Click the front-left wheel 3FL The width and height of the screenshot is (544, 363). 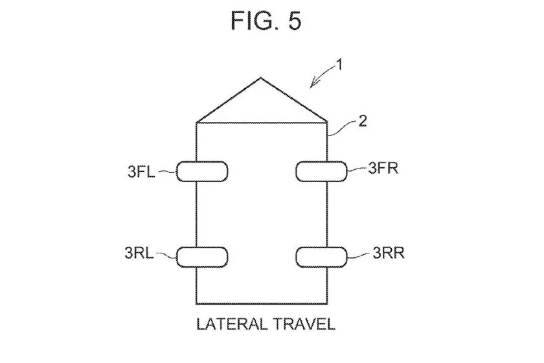pos(202,171)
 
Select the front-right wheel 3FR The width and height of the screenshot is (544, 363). pos(321,171)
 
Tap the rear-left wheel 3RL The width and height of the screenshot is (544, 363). pos(202,257)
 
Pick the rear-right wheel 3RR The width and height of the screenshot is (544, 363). pos(321,257)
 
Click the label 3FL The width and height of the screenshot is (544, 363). pos(141,172)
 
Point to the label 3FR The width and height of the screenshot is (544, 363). pos(383,168)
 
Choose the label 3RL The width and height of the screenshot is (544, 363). pos(139,253)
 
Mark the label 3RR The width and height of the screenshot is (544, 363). pos(389,253)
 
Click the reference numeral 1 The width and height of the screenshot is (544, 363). pos(339,65)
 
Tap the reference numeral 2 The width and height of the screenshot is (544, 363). pos(362,121)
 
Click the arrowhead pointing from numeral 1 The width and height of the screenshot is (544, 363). pos(312,84)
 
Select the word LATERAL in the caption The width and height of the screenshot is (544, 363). pos(232,324)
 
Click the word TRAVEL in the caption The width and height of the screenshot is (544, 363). pos(304,324)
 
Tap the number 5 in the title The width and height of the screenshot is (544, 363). pos(294,21)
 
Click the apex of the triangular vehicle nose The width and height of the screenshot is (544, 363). pos(260,78)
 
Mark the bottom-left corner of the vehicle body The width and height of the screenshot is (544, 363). pos(197,304)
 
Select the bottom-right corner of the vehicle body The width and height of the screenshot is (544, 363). pos(327,304)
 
